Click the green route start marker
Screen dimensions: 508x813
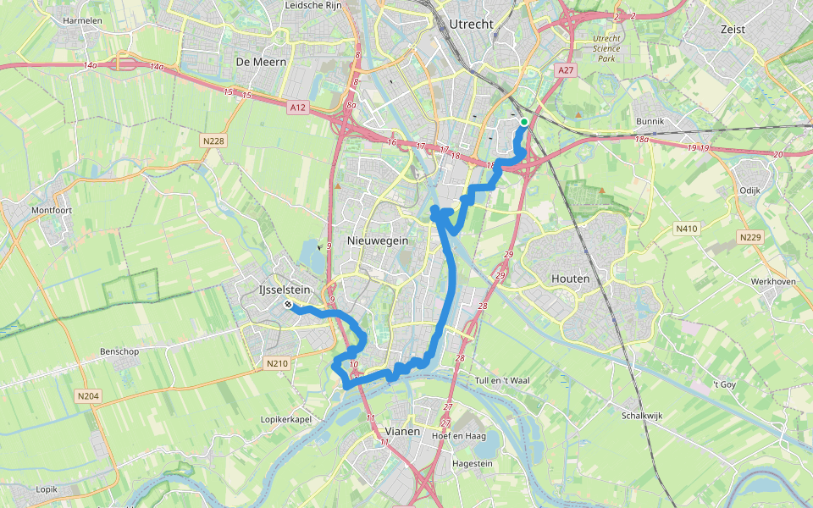524,123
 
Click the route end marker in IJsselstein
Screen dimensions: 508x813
289,305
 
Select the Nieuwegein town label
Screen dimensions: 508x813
378,241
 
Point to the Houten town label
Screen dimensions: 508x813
570,278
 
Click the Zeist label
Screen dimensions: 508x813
733,29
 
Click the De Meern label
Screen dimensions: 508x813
261,62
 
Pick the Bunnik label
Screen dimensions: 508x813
651,122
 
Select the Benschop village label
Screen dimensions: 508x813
119,351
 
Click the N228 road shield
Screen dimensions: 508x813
213,141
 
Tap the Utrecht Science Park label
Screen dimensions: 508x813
606,48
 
